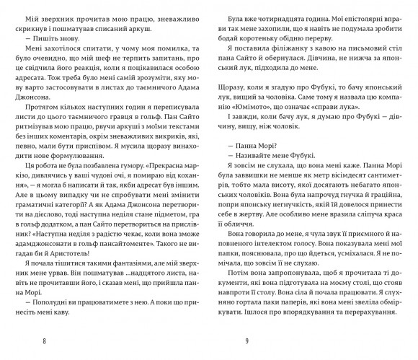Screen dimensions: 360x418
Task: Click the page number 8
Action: (44, 339)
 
